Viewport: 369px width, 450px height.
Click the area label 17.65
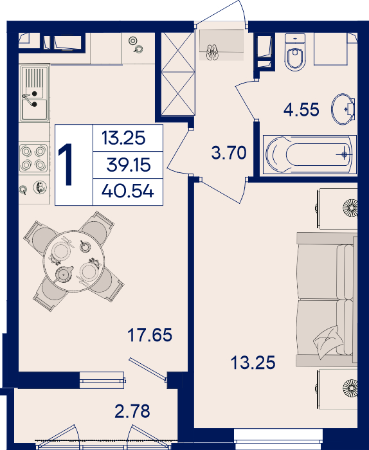pyautogui.click(x=150, y=335)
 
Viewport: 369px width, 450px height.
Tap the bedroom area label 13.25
pyautogui.click(x=253, y=362)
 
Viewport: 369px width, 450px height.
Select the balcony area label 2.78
pyautogui.click(x=132, y=411)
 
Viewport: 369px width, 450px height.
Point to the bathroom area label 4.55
pyautogui.click(x=301, y=109)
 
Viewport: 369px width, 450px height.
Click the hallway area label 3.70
pyautogui.click(x=229, y=152)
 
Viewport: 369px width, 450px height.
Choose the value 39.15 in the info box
pyautogui.click(x=129, y=165)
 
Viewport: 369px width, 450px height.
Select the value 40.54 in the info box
pyautogui.click(x=128, y=191)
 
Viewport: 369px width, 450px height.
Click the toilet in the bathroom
pyautogui.click(x=295, y=52)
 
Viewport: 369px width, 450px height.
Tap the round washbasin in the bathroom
pyautogui.click(x=343, y=109)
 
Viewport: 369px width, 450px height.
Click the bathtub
pyautogui.click(x=310, y=155)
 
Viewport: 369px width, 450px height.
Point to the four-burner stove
pyautogui.click(x=33, y=158)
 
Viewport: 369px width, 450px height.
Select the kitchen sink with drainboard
pyautogui.click(x=34, y=93)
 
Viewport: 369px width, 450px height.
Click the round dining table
pyautogui.click(x=74, y=261)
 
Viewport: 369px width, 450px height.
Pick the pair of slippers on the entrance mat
pyautogui.click(x=212, y=52)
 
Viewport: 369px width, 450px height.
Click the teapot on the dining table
pyautogui.click(x=64, y=274)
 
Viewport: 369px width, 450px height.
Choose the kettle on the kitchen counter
pyautogui.click(x=40, y=188)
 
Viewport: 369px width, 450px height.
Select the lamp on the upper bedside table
pyautogui.click(x=350, y=207)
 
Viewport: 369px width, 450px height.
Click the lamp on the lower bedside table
pyautogui.click(x=350, y=388)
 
